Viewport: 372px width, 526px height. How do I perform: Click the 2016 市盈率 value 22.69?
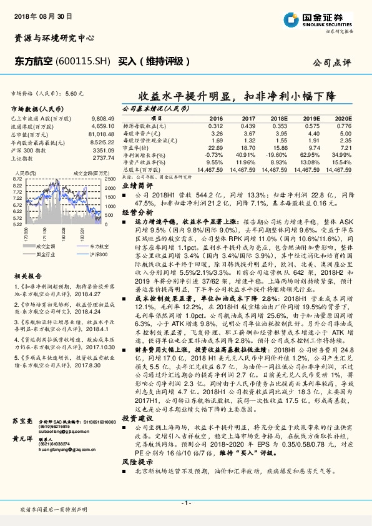click(x=215, y=147)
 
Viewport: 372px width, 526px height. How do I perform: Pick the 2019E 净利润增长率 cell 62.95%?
click(x=310, y=154)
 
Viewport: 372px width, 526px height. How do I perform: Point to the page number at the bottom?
click(x=185, y=503)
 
